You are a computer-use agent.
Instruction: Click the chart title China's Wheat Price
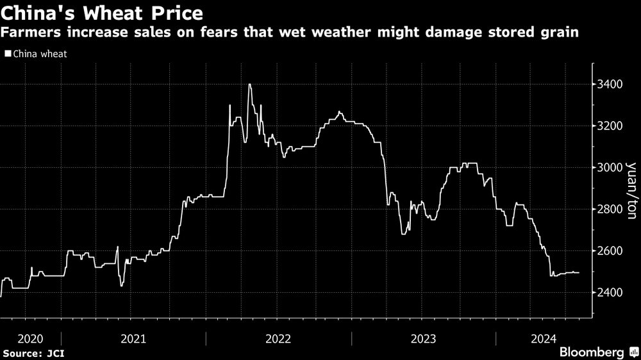point(103,13)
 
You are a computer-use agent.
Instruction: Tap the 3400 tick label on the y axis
point(608,85)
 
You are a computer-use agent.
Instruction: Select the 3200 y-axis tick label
point(608,126)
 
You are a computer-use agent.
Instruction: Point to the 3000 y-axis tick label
point(608,168)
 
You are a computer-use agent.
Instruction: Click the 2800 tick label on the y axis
point(608,209)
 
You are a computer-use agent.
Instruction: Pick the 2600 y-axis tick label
point(608,251)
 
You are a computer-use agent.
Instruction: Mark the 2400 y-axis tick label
point(608,293)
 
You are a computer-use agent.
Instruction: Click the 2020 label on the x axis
point(31,338)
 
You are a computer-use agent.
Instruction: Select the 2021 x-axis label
point(133,338)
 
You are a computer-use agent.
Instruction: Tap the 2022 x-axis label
point(279,338)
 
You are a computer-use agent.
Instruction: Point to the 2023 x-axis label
point(424,338)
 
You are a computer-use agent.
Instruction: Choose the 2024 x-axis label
point(543,338)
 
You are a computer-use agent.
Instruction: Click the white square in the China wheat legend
point(7,54)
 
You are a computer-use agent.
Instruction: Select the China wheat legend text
point(39,54)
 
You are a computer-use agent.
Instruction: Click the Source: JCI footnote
point(34,352)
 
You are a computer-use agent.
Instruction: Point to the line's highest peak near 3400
point(249,85)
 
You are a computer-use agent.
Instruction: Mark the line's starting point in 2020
point(1,296)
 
